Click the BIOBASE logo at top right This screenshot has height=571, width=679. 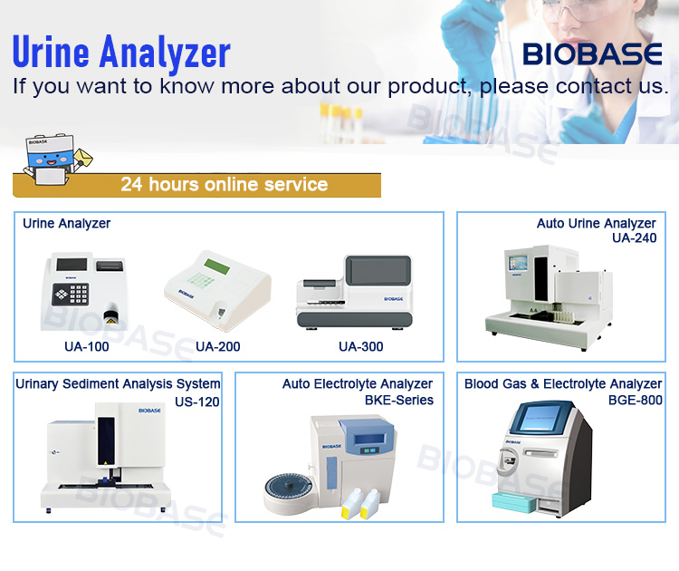[x=593, y=54]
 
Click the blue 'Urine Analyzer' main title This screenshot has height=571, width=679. [x=121, y=53]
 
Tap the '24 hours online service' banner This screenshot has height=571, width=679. [x=224, y=185]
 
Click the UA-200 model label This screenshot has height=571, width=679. [x=218, y=346]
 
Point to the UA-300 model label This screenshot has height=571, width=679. [x=360, y=346]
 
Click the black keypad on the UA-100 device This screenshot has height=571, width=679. [x=71, y=294]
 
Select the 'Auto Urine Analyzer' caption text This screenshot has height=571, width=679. [x=596, y=223]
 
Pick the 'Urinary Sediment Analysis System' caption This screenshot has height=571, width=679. [x=118, y=384]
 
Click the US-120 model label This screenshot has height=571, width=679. [x=197, y=402]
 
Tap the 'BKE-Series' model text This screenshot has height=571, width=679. [x=398, y=400]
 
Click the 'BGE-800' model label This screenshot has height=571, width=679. [x=635, y=400]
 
